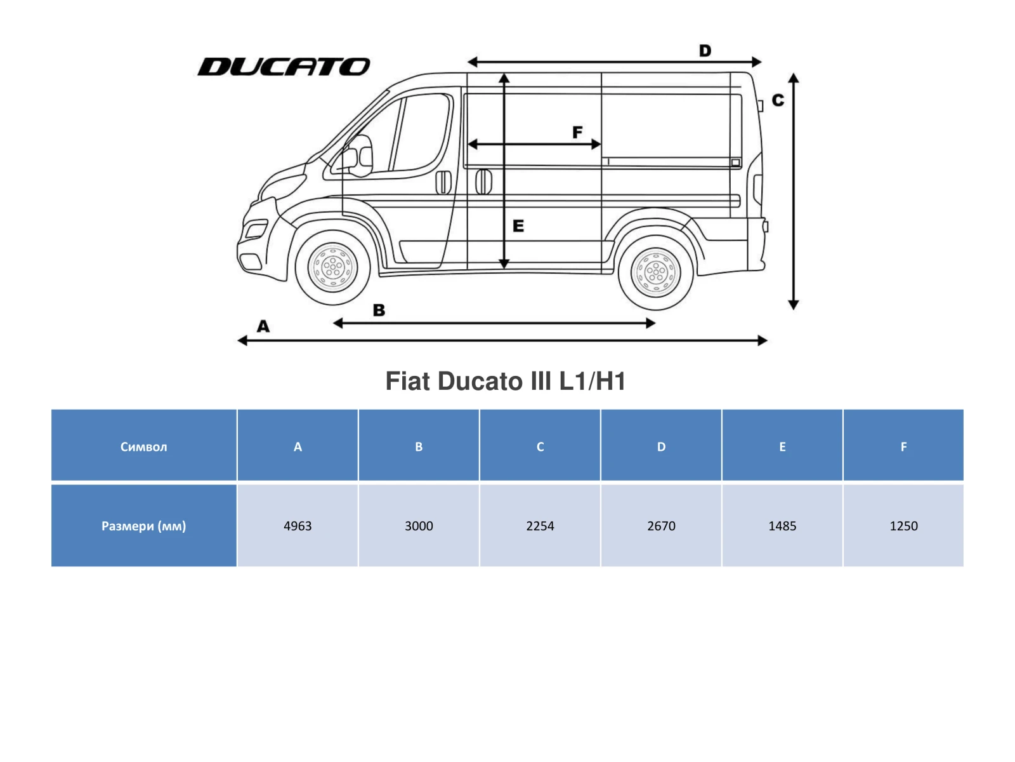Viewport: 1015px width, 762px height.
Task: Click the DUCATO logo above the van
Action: [284, 67]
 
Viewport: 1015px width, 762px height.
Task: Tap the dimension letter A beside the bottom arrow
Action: [263, 326]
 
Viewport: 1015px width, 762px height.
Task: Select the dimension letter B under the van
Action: [379, 311]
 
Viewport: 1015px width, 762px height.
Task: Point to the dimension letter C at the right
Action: [778, 100]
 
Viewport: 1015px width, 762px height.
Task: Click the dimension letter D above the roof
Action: [705, 51]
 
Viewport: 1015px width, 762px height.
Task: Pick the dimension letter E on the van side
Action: [518, 226]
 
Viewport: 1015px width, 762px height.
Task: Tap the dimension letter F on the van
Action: [577, 132]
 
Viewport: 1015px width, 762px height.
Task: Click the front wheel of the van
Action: [332, 267]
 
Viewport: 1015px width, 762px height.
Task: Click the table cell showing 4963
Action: [298, 526]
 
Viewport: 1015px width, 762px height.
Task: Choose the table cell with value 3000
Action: [419, 526]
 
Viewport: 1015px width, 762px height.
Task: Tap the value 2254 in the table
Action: [540, 526]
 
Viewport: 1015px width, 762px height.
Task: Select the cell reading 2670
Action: [661, 526]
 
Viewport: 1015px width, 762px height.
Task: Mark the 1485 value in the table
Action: [782, 526]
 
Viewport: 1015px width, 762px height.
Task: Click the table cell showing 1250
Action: [903, 526]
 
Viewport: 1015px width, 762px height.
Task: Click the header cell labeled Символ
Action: [144, 446]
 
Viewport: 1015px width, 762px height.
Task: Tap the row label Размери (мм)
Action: [144, 526]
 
